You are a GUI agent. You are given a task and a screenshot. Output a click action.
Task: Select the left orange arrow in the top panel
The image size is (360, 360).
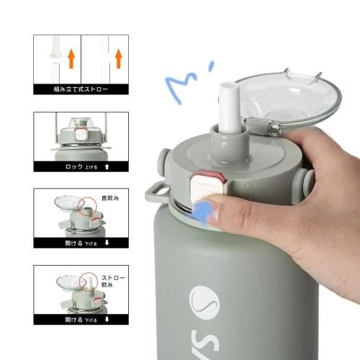[x=71, y=58]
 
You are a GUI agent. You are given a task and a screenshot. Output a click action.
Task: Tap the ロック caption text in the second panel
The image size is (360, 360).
[x=75, y=166]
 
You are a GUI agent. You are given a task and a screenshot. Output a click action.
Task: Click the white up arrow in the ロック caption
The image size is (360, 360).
[x=107, y=166]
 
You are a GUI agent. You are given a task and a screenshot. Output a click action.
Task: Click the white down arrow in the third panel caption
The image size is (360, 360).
[x=107, y=243]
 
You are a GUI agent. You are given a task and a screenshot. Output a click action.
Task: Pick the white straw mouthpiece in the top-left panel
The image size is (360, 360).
[x=53, y=51]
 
